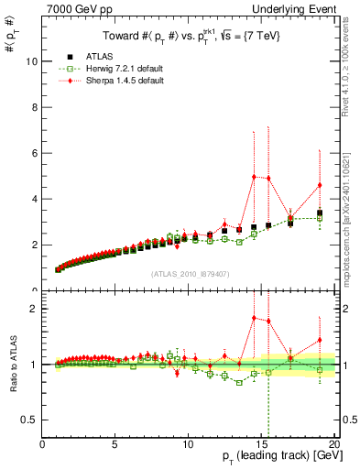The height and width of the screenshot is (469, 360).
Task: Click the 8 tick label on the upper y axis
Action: tap(34, 107)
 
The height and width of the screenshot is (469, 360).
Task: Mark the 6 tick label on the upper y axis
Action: tap(34, 153)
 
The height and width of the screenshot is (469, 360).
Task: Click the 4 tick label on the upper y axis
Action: tap(34, 199)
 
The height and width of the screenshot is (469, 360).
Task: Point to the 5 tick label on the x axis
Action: tap(115, 445)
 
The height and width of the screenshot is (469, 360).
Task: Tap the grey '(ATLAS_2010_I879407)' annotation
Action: tap(190, 273)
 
